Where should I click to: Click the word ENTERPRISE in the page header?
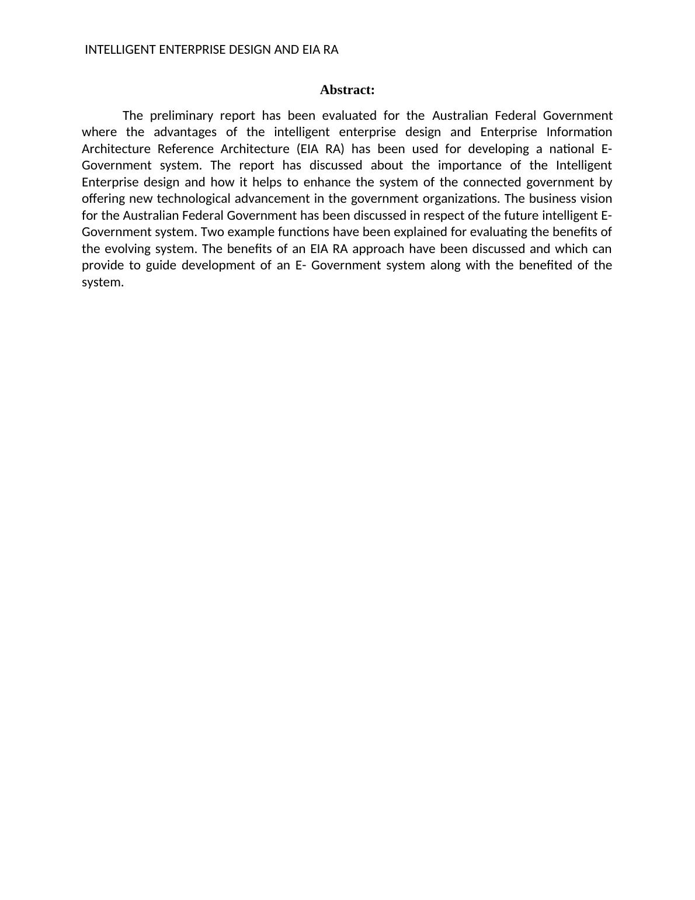tap(192, 50)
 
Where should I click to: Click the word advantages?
tap(185, 132)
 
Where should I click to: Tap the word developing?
tap(498, 149)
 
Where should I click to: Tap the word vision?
tap(596, 199)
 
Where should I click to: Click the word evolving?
tap(127, 249)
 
